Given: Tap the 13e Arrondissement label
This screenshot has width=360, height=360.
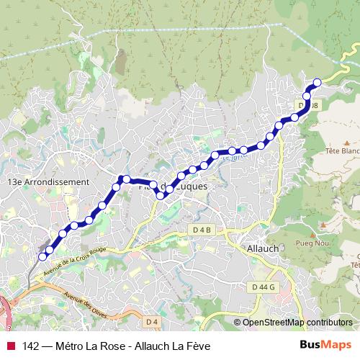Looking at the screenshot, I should (x=47, y=183).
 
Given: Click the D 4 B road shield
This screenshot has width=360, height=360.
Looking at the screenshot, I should (x=204, y=230).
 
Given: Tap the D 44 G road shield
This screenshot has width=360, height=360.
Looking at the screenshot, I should (x=264, y=287).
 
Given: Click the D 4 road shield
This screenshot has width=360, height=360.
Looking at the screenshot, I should (x=150, y=321).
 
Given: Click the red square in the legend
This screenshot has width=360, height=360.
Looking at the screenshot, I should (x=11, y=346).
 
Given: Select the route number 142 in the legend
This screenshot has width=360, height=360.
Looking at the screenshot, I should (x=30, y=346).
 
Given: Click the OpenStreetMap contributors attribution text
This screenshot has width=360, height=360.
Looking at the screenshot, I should (x=297, y=323).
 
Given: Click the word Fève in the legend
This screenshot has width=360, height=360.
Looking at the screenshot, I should (x=197, y=346).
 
